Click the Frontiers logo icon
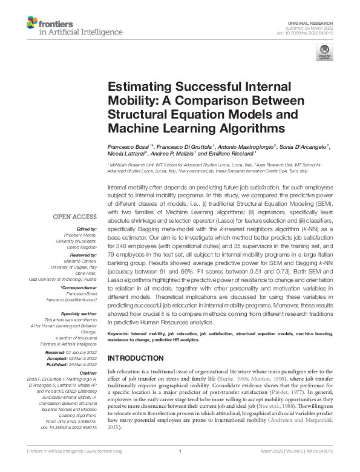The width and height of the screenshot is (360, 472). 31,24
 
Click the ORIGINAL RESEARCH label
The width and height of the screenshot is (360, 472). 319,22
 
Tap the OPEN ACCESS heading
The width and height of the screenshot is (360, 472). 74,216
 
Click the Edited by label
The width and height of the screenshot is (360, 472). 86,229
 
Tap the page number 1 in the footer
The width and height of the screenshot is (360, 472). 180,468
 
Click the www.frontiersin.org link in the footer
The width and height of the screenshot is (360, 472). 105,468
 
